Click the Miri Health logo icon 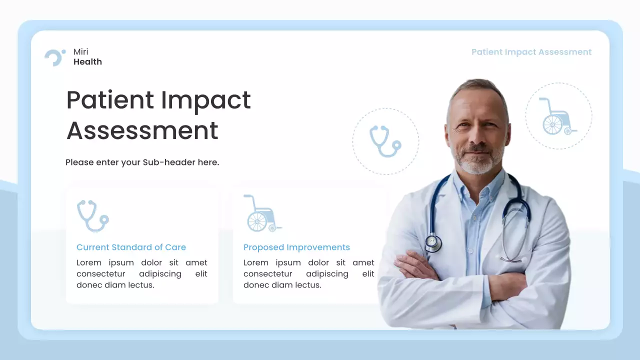54,57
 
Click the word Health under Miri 87,62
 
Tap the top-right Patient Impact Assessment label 531,52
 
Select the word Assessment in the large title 142,130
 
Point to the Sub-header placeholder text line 142,162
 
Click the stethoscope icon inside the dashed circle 385,141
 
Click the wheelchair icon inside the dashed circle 557,117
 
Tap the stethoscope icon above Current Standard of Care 92,215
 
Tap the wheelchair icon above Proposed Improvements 262,213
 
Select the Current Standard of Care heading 131,247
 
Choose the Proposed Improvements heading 296,247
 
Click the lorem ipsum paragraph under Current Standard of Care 141,273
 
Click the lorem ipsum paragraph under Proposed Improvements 308,273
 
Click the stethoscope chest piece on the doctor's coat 433,243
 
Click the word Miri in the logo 81,52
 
